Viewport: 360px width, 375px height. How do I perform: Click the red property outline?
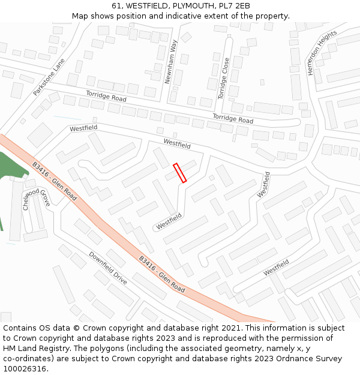(179, 173)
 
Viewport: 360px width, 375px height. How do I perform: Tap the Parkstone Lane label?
(49, 81)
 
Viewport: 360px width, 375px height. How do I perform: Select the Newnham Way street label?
(171, 62)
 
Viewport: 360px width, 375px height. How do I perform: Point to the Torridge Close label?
(224, 79)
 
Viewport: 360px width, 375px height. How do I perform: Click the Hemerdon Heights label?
(318, 54)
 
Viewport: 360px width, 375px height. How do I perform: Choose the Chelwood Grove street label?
(35, 200)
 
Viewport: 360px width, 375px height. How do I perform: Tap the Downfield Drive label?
(108, 268)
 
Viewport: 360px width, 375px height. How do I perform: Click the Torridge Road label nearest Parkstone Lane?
(106, 96)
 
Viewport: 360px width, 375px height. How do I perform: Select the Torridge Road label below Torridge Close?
(233, 118)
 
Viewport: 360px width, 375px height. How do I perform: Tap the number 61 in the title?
(116, 6)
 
